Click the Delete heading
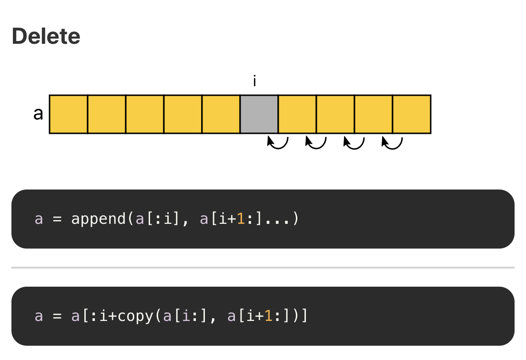pyautogui.click(x=46, y=36)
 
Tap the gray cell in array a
pyautogui.click(x=259, y=114)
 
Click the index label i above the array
pyautogui.click(x=254, y=81)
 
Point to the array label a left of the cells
pyautogui.click(x=38, y=114)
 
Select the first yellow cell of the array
pyautogui.click(x=69, y=114)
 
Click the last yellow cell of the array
pyautogui.click(x=412, y=114)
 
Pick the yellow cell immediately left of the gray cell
pyautogui.click(x=221, y=114)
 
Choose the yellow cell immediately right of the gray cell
pyautogui.click(x=297, y=114)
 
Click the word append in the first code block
pyautogui.click(x=98, y=219)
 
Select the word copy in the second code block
pyautogui.click(x=135, y=316)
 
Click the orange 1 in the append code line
pyautogui.click(x=241, y=219)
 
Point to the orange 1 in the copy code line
pyautogui.click(x=268, y=316)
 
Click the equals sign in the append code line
pyautogui.click(x=57, y=219)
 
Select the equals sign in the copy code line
pyautogui.click(x=57, y=316)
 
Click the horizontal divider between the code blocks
pyautogui.click(x=263, y=268)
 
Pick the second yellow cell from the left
pyautogui.click(x=107, y=114)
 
